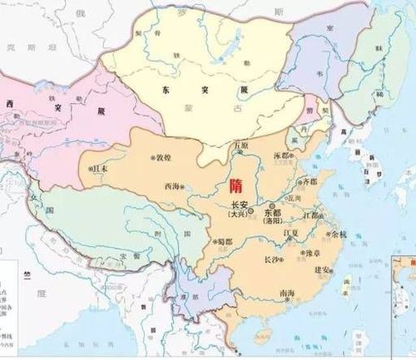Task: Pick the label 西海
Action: click(171, 185)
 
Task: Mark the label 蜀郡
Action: click(222, 242)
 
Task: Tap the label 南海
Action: click(287, 293)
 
